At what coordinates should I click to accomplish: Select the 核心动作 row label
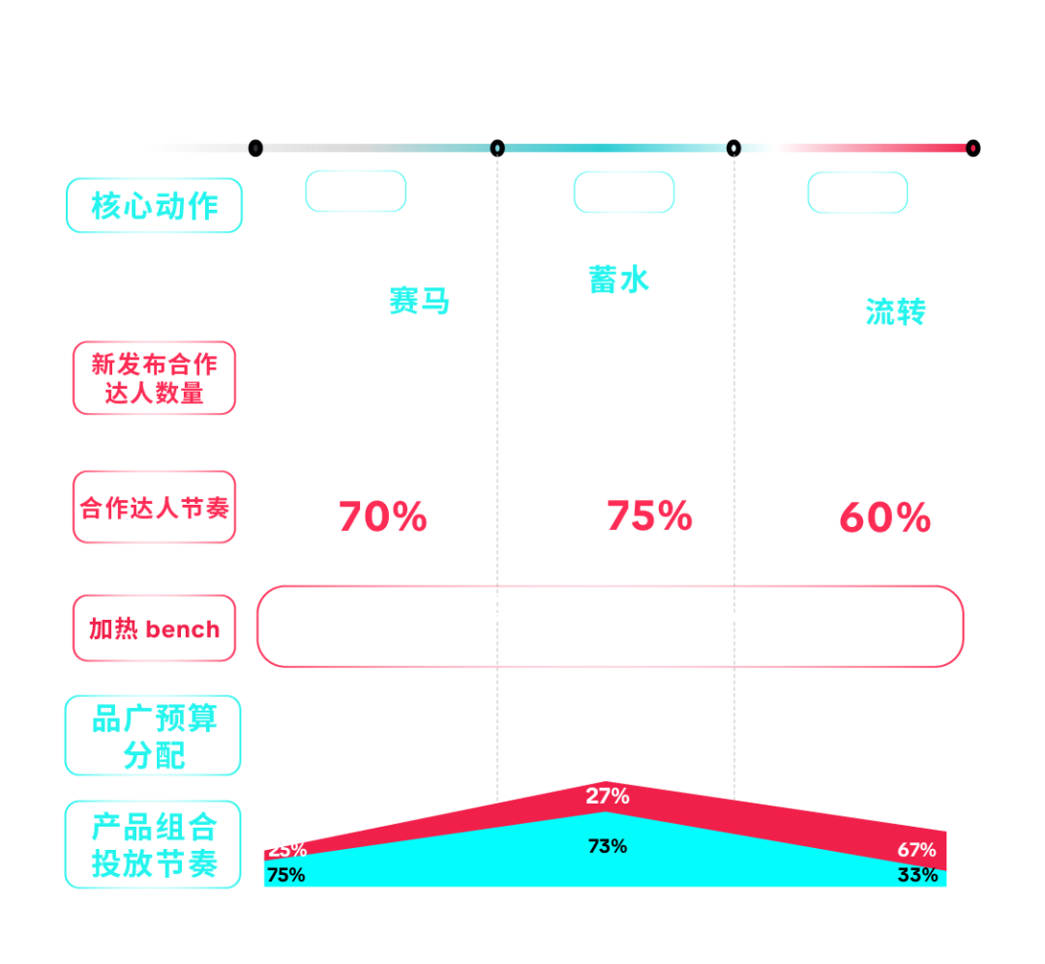point(154,205)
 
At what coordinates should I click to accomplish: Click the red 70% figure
point(383,517)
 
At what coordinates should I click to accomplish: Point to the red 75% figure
point(649,516)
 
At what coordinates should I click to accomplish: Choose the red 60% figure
point(884,518)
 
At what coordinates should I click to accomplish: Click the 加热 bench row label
point(154,629)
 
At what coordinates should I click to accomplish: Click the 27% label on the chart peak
point(607,797)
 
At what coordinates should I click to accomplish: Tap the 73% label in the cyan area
point(608,846)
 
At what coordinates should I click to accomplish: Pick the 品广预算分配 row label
point(153,736)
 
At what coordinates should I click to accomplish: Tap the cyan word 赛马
point(419,302)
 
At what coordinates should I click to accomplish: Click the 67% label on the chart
point(916,850)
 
